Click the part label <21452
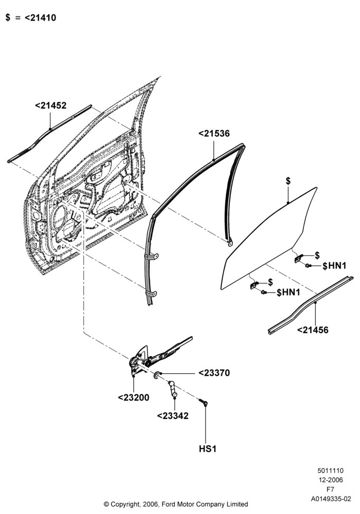pos(50,105)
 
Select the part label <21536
pos(214,134)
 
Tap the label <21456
pos(313,330)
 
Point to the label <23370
pos(214,373)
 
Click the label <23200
pos(133,398)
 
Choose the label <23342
pos(173,416)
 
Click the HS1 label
pos(208,449)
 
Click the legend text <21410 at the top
pos(40,17)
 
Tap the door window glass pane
pos(269,240)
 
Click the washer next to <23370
pos(157,374)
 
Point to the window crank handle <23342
pos(173,389)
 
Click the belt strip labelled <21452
pos(49,133)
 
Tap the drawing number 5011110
pos(331,471)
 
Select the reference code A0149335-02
pos(331,499)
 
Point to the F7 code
pos(331,489)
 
